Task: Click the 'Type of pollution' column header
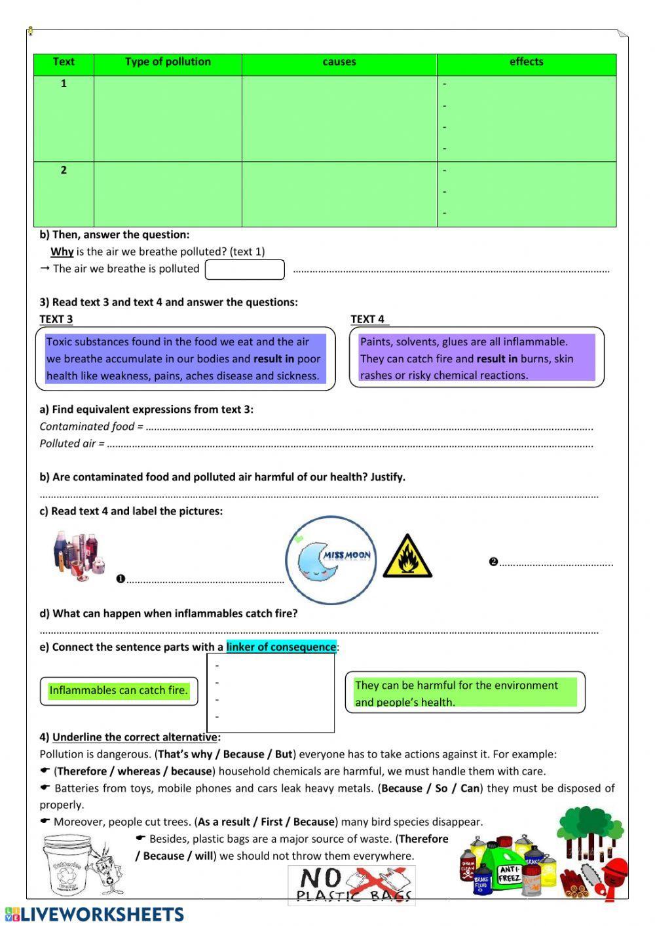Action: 168,62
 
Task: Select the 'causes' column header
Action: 339,62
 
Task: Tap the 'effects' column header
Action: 526,62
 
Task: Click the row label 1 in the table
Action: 64,83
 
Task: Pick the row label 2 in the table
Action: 64,170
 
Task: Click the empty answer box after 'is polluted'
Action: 245,269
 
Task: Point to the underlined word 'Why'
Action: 62,252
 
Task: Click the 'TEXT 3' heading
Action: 56,319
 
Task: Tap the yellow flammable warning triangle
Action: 407,557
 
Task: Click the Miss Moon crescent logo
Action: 331,560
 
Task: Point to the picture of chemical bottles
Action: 79,556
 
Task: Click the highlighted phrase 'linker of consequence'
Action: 281,647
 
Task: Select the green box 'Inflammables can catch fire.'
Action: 119,691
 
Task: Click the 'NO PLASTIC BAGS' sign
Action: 352,885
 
